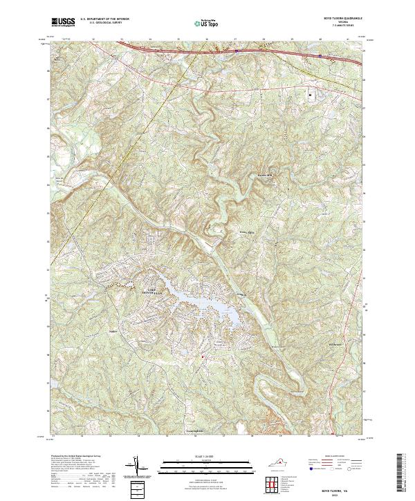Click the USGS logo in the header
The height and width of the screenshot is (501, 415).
64,22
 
